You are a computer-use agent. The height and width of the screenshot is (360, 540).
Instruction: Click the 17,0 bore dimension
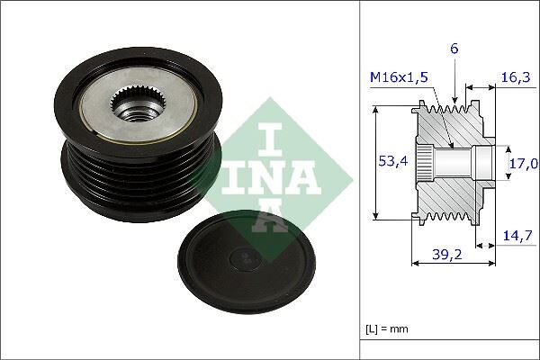[x=523, y=163]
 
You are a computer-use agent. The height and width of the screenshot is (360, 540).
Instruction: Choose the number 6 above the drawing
[x=454, y=50]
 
